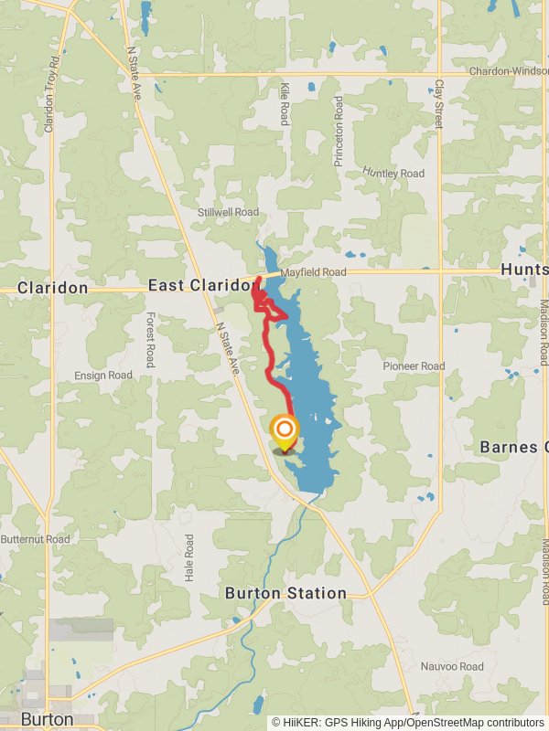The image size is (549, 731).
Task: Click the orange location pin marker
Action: coord(285,431)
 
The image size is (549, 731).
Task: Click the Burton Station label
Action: coord(286,593)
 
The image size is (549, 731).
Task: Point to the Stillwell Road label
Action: coord(229,212)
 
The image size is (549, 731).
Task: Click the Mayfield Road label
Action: coord(314,272)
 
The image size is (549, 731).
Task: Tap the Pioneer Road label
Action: coord(414,366)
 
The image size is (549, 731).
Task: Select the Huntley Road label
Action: coord(393,173)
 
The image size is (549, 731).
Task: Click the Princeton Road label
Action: coord(339,131)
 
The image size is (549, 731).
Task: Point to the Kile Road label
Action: coord(285,103)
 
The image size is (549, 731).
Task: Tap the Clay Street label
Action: coord(439,102)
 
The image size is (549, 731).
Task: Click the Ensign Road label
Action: coord(103,376)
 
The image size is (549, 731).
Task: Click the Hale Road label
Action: coord(189,557)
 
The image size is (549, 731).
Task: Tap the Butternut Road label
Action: coord(35,540)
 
